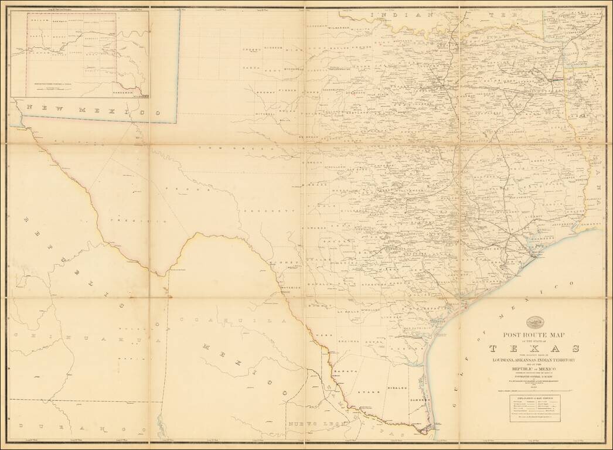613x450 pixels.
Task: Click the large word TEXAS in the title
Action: pyautogui.click(x=533, y=348)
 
